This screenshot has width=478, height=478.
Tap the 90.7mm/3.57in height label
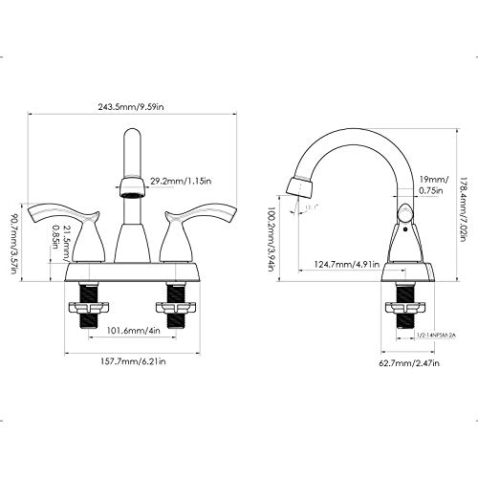(x=13, y=238)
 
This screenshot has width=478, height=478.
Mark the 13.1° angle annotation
(x=310, y=206)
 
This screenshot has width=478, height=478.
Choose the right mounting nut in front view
(x=176, y=312)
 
